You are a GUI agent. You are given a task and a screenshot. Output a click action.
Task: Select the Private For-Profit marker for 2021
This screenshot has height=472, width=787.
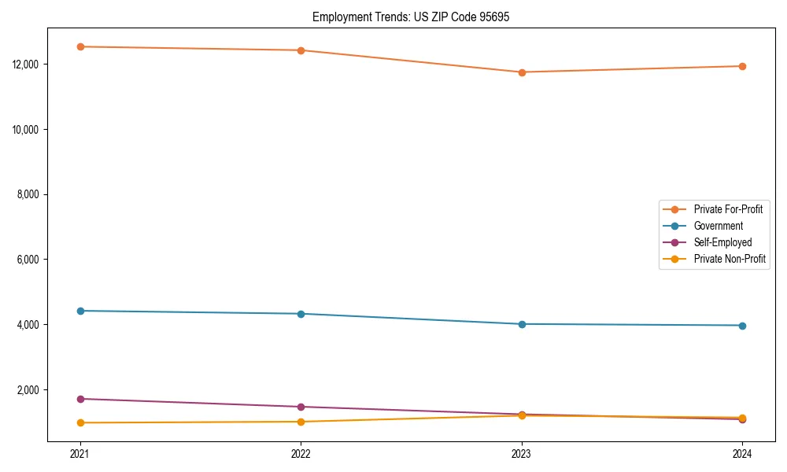coord(80,46)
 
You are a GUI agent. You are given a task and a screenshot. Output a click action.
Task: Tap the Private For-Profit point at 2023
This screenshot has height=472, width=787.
coord(522,72)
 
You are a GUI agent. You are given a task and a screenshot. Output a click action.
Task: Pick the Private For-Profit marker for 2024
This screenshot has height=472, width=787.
coord(742,66)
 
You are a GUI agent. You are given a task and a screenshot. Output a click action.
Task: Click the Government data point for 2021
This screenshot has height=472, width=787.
coord(80,311)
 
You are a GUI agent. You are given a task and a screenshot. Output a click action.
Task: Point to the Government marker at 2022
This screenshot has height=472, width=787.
coord(301,314)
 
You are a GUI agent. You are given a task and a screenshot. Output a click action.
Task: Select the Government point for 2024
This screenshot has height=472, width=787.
coord(742,326)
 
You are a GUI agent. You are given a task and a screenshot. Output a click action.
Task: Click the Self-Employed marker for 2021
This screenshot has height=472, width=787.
coord(80,399)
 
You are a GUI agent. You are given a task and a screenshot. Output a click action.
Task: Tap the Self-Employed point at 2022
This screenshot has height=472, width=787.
coord(301,407)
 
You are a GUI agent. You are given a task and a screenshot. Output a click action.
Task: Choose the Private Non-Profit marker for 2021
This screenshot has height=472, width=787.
coord(80,423)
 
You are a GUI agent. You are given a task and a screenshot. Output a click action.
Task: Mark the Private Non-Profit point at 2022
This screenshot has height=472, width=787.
coord(301,422)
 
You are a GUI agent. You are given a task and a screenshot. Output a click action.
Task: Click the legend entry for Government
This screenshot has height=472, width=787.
coord(718,226)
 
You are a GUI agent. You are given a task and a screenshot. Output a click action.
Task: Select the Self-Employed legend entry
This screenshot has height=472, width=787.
coord(722,242)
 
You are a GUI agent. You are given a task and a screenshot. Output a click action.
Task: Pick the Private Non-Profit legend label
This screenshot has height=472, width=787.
coord(730,259)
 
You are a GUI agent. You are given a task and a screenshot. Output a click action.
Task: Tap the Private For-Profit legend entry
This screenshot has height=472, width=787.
coord(728,209)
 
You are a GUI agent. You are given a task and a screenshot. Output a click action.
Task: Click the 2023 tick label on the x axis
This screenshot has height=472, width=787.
coord(522,453)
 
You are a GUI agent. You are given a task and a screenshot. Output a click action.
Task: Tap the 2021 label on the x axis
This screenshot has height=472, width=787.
coord(80,453)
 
